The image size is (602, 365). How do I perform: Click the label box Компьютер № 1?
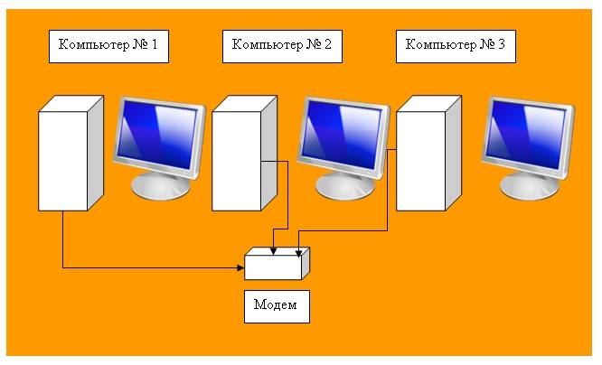pyautogui.click(x=108, y=46)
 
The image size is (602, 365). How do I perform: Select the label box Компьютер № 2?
pyautogui.click(x=282, y=46)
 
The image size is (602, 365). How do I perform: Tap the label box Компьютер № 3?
pyautogui.click(x=456, y=46)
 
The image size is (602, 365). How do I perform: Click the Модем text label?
pyautogui.click(x=277, y=306)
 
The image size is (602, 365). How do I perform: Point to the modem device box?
pyautogui.click(x=277, y=264)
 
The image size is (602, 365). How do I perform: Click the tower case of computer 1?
pyautogui.click(x=71, y=154)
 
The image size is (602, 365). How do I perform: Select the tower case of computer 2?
pyautogui.click(x=245, y=154)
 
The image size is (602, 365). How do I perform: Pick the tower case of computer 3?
pyautogui.click(x=428, y=154)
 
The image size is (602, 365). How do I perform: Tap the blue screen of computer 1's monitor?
pyautogui.click(x=157, y=134)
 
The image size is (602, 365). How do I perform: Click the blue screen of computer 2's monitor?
pyautogui.click(x=342, y=134)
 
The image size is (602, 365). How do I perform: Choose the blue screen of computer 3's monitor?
pyautogui.click(x=526, y=134)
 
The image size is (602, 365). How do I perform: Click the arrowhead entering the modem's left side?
pyautogui.click(x=241, y=267)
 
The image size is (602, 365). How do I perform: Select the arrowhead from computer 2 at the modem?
pyautogui.click(x=273, y=251)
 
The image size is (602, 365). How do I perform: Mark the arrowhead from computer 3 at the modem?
pyautogui.click(x=298, y=253)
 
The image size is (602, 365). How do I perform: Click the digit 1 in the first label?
pyautogui.click(x=155, y=44)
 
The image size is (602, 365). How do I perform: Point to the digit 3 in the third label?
pyautogui.click(x=501, y=44)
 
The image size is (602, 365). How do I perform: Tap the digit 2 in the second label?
pyautogui.click(x=327, y=44)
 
